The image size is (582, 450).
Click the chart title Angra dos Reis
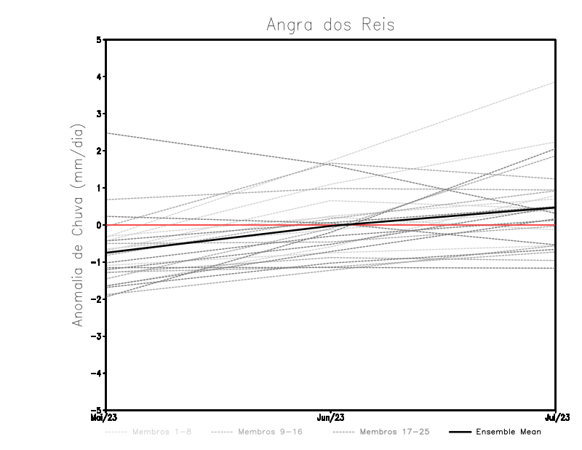330,25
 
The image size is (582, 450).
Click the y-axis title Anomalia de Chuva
78,224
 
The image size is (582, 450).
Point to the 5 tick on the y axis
99,39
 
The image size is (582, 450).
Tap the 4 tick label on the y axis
99,76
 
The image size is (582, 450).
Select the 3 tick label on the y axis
99,114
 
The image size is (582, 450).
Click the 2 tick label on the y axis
99,151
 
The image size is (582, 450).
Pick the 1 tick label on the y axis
99,188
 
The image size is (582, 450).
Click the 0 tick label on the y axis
99,225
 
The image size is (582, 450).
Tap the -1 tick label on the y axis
97,262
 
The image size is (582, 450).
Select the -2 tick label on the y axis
97,299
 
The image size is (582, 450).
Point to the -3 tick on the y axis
97,336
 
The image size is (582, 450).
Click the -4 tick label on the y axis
97,374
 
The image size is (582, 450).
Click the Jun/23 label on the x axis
331,418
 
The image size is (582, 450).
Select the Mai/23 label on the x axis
104,418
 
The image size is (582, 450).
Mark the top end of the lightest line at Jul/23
555,82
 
